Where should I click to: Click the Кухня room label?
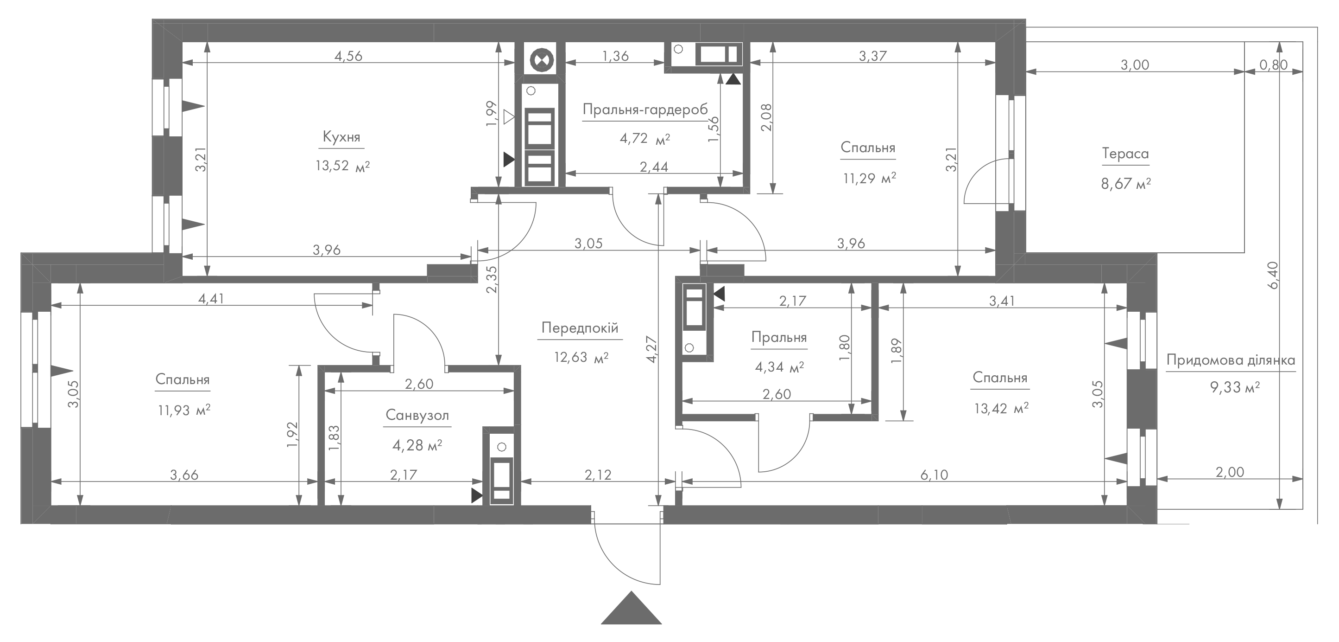(341, 137)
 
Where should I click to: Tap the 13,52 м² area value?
(342, 166)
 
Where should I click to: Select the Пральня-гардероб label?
(645, 110)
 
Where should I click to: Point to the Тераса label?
(1125, 154)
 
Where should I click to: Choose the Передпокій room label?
(580, 328)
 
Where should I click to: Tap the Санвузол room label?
(417, 415)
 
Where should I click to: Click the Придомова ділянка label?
(1231, 360)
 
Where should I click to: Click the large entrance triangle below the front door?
(631, 609)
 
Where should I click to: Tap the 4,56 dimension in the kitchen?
(348, 56)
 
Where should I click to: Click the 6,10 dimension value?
(934, 475)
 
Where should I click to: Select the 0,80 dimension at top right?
(1274, 64)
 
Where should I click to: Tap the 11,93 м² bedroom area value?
(184, 410)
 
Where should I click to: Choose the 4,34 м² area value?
(779, 367)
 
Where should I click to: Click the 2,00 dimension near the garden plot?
(1230, 472)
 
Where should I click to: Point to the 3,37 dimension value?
(873, 56)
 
